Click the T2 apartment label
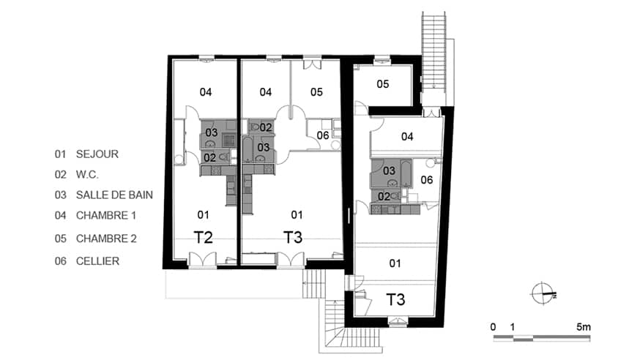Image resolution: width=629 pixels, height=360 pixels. tap(203, 237)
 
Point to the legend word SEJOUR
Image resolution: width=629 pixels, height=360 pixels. tap(97, 154)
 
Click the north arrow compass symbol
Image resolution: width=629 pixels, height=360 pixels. tap(543, 294)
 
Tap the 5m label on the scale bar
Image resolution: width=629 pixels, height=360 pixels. tap(584, 327)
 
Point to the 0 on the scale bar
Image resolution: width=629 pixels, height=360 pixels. tap(493, 327)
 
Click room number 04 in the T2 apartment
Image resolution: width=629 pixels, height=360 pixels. tap(205, 92)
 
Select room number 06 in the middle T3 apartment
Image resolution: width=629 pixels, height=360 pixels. tap(323, 135)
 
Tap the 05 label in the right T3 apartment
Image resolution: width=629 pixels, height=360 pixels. tap(383, 84)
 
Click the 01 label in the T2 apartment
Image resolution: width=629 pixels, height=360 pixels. tap(204, 215)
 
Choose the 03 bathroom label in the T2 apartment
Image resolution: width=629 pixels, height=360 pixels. tap(212, 132)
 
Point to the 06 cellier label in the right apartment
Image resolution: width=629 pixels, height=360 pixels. tap(427, 180)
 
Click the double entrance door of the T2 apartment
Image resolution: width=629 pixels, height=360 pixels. tap(203, 260)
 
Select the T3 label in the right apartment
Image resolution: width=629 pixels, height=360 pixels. tap(395, 299)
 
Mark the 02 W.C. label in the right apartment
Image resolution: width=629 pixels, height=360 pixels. tap(384, 196)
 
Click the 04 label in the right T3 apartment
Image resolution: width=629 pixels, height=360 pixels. tap(407, 137)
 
